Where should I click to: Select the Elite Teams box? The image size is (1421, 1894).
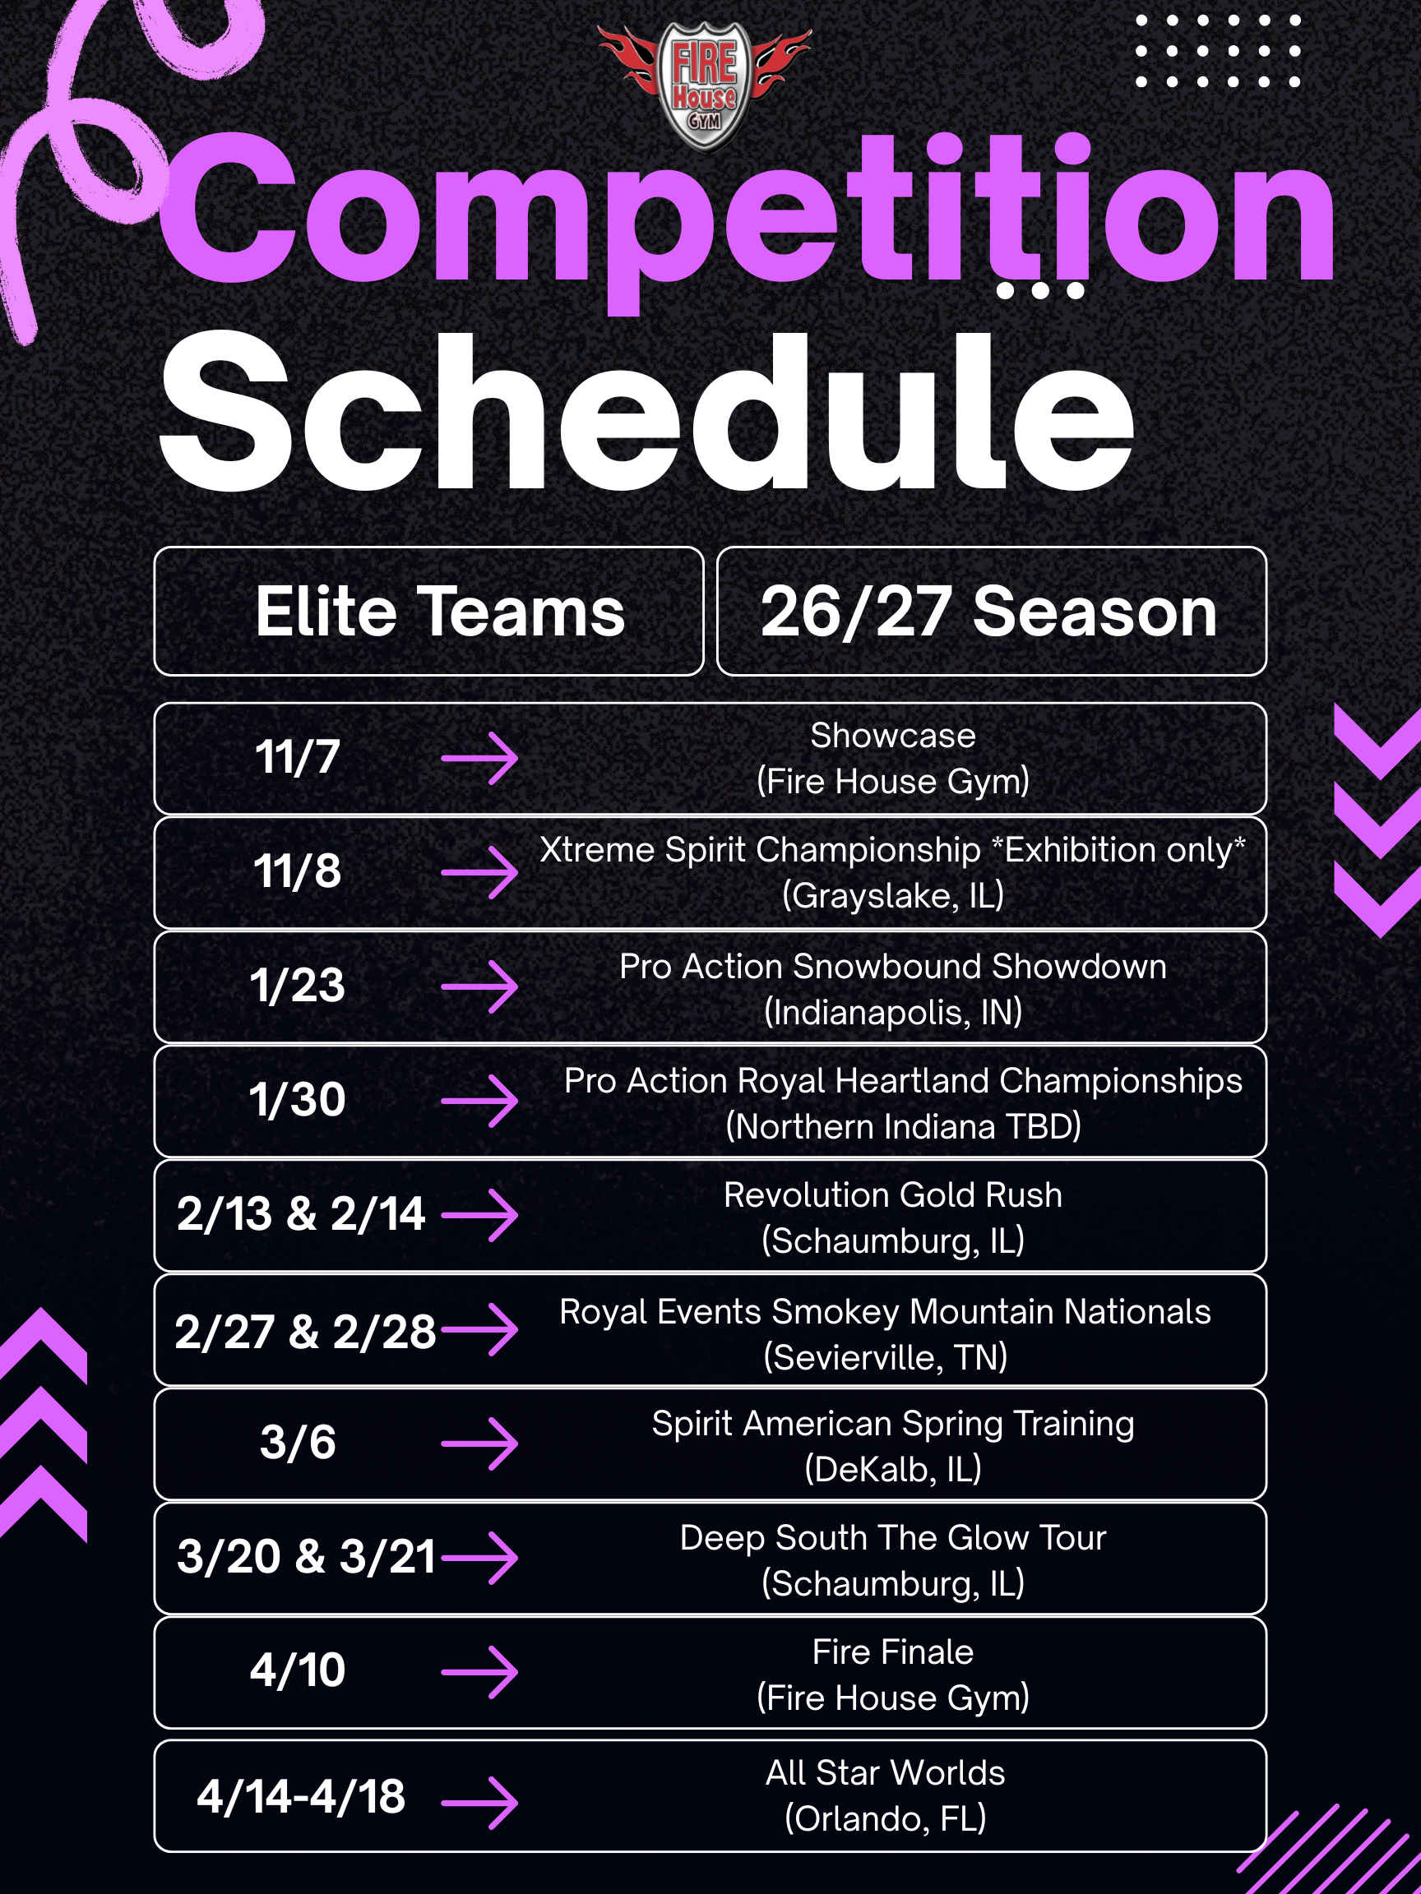(x=429, y=612)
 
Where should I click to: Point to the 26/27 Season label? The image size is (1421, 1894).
(x=989, y=612)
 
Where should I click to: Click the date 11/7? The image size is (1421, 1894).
(x=297, y=758)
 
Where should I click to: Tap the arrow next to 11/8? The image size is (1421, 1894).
(x=479, y=872)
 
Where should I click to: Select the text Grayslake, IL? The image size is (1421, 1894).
(x=892, y=896)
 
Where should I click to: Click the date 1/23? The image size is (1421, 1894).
(x=297, y=986)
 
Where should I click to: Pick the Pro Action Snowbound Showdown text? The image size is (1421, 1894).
(x=892, y=967)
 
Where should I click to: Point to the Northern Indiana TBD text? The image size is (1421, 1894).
(x=904, y=1126)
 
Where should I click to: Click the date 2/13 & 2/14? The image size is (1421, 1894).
(x=301, y=1214)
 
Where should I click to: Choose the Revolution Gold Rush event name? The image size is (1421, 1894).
(x=892, y=1194)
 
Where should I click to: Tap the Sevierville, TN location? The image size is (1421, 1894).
(x=886, y=1357)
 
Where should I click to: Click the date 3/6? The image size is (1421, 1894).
(x=297, y=1443)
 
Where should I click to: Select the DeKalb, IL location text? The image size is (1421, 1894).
(x=892, y=1469)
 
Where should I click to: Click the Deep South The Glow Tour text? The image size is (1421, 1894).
(x=892, y=1538)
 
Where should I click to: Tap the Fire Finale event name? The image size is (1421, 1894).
(x=892, y=1651)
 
